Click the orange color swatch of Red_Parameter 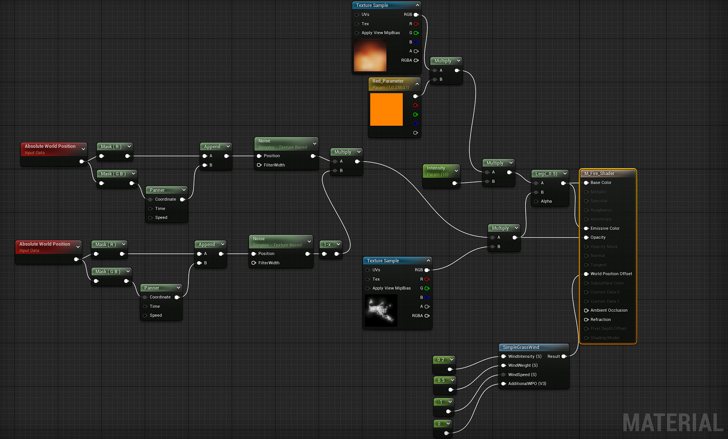386,109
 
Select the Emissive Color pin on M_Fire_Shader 586,228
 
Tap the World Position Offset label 611,274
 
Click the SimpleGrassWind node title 521,347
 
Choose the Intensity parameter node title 436,168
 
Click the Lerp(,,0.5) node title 546,174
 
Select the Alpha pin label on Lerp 546,201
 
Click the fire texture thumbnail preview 370,55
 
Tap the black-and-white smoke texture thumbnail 381,310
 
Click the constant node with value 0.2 441,360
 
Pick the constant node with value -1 440,402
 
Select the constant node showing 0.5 441,380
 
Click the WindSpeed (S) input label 522,375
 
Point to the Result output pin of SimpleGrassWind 564,356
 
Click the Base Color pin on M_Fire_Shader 586,182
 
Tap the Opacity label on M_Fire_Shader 598,237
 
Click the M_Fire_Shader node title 599,174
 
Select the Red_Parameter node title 388,81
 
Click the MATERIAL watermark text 673,422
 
